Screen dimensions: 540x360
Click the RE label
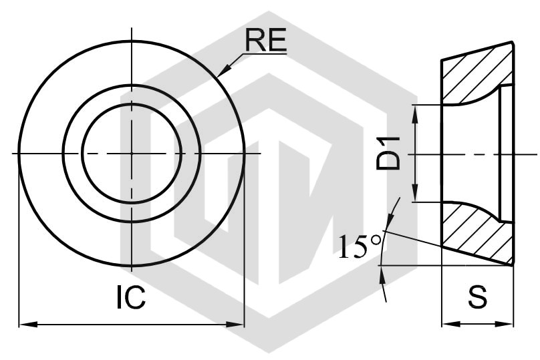point(265,40)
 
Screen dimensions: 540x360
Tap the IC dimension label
point(131,297)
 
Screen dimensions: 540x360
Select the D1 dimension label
point(388,153)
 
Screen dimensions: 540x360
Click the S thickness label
point(478,297)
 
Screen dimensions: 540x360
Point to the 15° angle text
point(360,246)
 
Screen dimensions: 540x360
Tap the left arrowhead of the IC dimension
point(28,324)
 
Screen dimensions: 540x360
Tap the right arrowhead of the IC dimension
point(235,324)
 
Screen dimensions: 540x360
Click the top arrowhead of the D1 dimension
point(415,114)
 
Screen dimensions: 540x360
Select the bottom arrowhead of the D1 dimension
point(415,193)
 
